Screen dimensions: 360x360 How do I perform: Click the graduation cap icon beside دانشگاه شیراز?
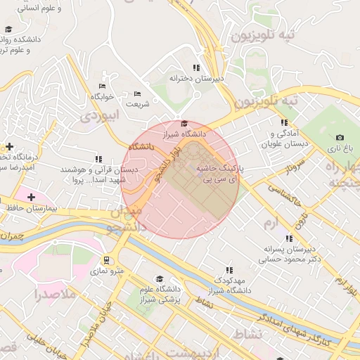[184, 124]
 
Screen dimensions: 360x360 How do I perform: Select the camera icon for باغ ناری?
[340, 138]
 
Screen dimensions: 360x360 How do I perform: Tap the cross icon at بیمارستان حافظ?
[31, 198]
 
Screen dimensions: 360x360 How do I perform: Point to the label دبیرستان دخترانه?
[196, 79]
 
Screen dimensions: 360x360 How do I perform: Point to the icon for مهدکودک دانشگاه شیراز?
[229, 270]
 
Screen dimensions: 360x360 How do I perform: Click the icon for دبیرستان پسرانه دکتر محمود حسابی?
[290, 240]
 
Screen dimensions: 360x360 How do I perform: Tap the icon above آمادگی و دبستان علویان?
[284, 122]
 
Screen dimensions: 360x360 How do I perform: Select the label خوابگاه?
[101, 96]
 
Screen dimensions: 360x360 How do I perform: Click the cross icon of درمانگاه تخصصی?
[9, 147]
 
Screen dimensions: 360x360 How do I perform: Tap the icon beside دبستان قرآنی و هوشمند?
[98, 160]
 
